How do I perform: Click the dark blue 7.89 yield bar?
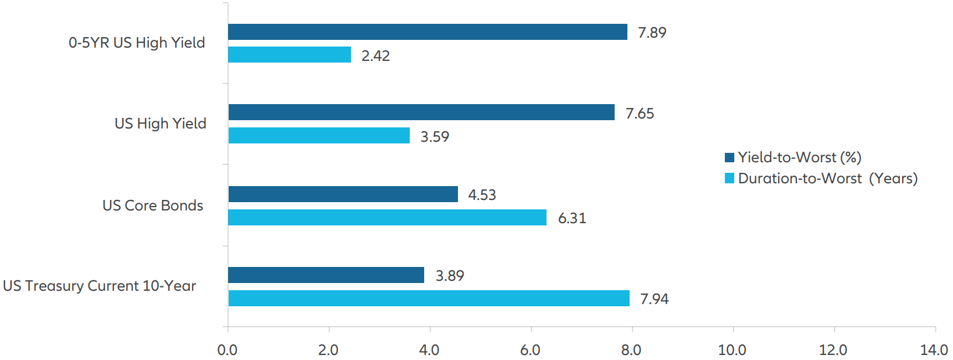(x=427, y=32)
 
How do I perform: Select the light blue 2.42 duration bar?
(x=289, y=55)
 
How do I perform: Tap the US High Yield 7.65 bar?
(x=421, y=112)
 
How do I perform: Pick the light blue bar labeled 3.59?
(x=318, y=136)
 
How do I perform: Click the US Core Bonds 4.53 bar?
(x=343, y=194)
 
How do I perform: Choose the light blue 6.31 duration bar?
(x=387, y=218)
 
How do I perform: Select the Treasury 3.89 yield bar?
(x=326, y=275)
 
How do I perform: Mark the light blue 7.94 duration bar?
(x=429, y=299)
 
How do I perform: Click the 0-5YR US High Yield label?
(x=137, y=43)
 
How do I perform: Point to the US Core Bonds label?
(x=153, y=205)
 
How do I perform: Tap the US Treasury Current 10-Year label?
(x=100, y=286)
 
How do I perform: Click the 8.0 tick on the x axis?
(x=631, y=350)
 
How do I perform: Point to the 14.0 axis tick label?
(x=934, y=350)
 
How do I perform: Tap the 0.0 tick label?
(x=227, y=350)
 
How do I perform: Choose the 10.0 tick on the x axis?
(x=732, y=350)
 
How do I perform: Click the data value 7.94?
(x=655, y=299)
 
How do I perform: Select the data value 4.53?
(x=482, y=195)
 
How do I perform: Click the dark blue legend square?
(x=729, y=157)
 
